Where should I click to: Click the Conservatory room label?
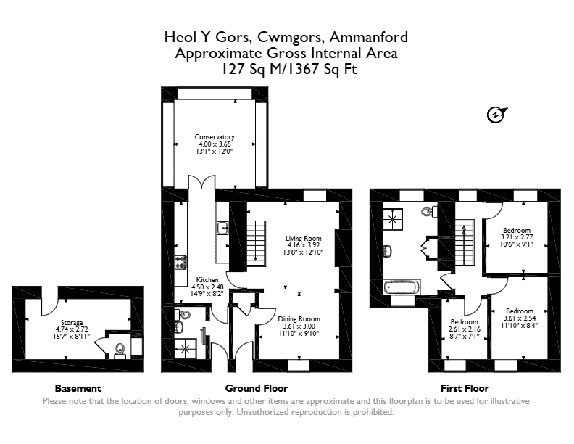[x=215, y=144]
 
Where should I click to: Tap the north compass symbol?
[x=496, y=115]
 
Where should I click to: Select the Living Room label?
[x=304, y=245]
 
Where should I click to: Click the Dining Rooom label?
[x=299, y=326]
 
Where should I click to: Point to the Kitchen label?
[x=207, y=287]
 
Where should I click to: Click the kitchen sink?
[x=222, y=228]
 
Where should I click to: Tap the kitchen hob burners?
[x=181, y=262]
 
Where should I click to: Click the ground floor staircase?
[x=257, y=243]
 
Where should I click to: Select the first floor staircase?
[x=465, y=242]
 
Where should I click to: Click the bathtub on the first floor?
[x=402, y=287]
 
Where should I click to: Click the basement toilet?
[x=120, y=350]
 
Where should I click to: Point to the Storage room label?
[x=72, y=329]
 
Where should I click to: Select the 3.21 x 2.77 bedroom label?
[x=517, y=237]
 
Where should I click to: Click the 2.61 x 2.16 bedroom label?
[x=464, y=329]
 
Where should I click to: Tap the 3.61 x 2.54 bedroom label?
[x=520, y=318]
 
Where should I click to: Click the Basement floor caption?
[x=78, y=388]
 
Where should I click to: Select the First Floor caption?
[x=465, y=388]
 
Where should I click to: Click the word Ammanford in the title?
[x=368, y=37]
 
